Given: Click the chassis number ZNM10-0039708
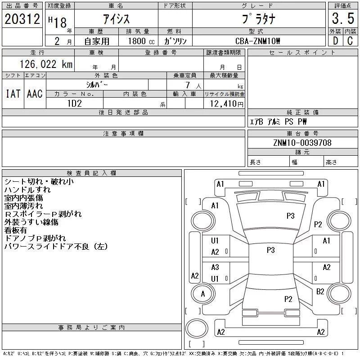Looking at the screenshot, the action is point(302,143).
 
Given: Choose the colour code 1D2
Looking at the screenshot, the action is point(74,103).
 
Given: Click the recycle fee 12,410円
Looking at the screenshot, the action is point(224,104).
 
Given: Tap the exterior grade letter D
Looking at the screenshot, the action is point(335,41).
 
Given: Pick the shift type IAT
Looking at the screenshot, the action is point(13,94).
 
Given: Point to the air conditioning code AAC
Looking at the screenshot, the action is point(34,94).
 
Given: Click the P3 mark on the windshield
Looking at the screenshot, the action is point(290,216).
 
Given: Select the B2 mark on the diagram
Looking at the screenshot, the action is point(320,292).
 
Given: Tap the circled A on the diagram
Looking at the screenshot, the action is point(203,294).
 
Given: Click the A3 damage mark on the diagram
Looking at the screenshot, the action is point(215,267).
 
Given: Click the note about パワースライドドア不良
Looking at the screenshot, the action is point(56,247).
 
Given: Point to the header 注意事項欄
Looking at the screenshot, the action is point(123,134).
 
